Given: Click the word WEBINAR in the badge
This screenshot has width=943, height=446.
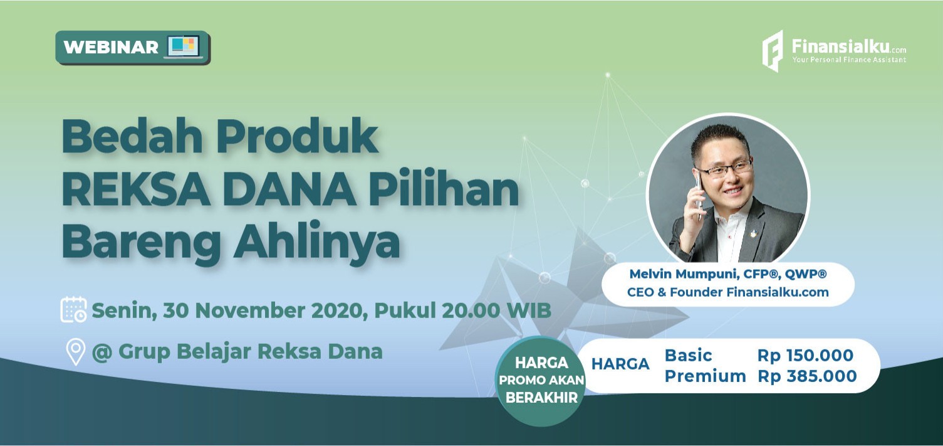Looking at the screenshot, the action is (x=111, y=47).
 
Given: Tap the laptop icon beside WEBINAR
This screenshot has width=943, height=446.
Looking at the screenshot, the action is (x=183, y=46).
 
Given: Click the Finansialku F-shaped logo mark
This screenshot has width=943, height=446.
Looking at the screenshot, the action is (x=773, y=51).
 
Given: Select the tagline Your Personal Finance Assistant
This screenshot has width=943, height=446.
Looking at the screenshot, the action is (x=848, y=60).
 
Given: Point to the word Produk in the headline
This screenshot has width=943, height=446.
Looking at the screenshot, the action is (x=298, y=137).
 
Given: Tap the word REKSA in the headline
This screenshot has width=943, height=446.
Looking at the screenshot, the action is (x=136, y=191).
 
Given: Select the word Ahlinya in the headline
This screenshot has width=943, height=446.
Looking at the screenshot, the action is (x=317, y=243).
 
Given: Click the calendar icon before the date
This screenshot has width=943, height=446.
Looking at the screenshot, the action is (x=74, y=309).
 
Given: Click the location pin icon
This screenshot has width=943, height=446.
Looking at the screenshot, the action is (x=76, y=352).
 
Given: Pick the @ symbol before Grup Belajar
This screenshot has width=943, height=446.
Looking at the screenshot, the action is (x=102, y=352).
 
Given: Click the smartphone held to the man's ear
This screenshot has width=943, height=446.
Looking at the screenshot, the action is (x=699, y=194).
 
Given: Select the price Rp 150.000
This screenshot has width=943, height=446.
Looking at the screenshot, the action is (x=805, y=356).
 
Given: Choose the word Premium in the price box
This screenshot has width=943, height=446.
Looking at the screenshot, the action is (x=705, y=376).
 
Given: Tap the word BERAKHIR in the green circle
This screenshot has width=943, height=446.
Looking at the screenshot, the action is (x=542, y=398).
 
